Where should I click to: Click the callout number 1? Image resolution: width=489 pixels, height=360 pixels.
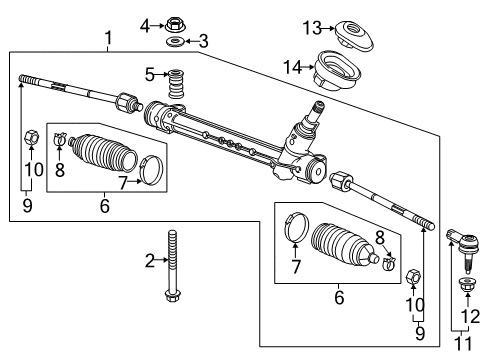point(107,39)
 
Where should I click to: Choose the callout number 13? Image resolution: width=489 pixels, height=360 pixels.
point(312,26)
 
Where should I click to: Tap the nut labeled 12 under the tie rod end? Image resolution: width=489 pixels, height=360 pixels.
point(466,287)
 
